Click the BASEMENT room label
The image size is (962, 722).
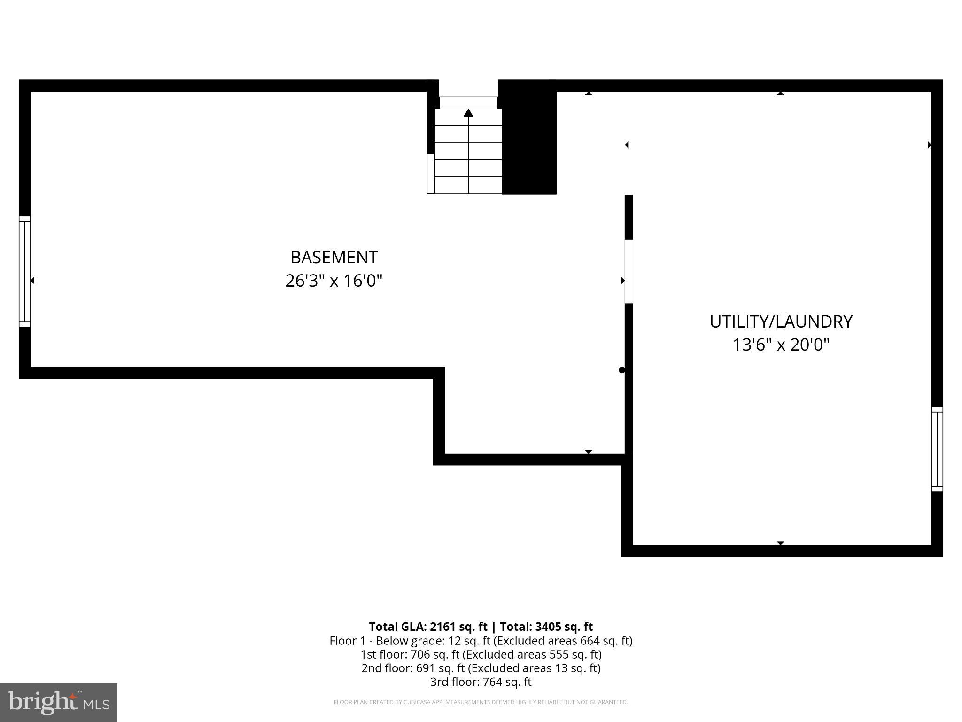334,258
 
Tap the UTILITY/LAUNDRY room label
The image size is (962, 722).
781,322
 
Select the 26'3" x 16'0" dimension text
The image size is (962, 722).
334,281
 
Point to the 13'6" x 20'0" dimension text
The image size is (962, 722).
781,345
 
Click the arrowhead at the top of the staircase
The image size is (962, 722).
468,113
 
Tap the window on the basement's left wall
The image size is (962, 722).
24,271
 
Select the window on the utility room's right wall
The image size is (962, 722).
937,449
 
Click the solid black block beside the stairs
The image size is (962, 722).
529,141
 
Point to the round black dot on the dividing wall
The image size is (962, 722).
622,370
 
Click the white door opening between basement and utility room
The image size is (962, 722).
628,272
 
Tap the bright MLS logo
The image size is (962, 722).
59,702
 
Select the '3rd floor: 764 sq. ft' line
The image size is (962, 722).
481,682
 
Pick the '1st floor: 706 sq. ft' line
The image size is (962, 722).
481,654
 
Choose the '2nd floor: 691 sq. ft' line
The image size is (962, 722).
481,668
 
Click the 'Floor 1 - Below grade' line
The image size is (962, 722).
481,641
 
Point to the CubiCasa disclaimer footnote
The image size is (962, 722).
481,702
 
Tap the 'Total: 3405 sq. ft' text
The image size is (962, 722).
546,627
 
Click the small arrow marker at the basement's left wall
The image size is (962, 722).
32,281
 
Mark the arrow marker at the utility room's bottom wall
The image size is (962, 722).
780,543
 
